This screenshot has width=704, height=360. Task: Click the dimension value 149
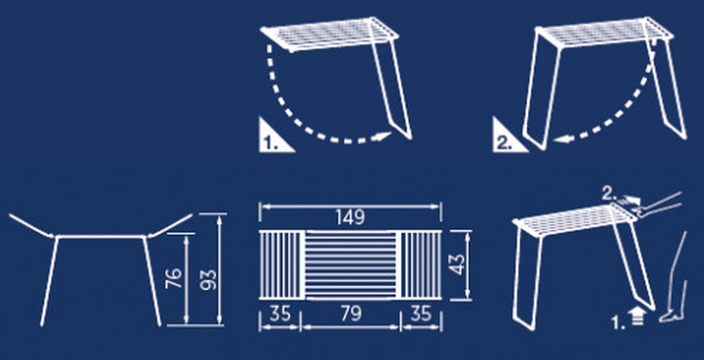[x=350, y=218]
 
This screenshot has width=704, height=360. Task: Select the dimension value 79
[x=351, y=313]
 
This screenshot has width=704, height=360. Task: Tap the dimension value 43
[x=457, y=264]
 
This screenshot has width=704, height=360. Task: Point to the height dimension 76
[x=173, y=278]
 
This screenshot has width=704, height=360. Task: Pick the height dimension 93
[x=208, y=280]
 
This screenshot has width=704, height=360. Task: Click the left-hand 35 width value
[x=280, y=313]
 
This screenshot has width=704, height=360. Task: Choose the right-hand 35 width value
[x=421, y=313]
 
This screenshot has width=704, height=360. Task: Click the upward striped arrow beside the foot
[x=636, y=317]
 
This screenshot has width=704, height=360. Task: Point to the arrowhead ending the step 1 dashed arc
[x=383, y=136]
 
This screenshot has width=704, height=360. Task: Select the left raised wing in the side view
[x=31, y=225]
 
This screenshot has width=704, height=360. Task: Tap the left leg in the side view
[x=49, y=281]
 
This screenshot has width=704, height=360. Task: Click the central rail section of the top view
[x=351, y=265]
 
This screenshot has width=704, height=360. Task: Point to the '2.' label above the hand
[x=608, y=194]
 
